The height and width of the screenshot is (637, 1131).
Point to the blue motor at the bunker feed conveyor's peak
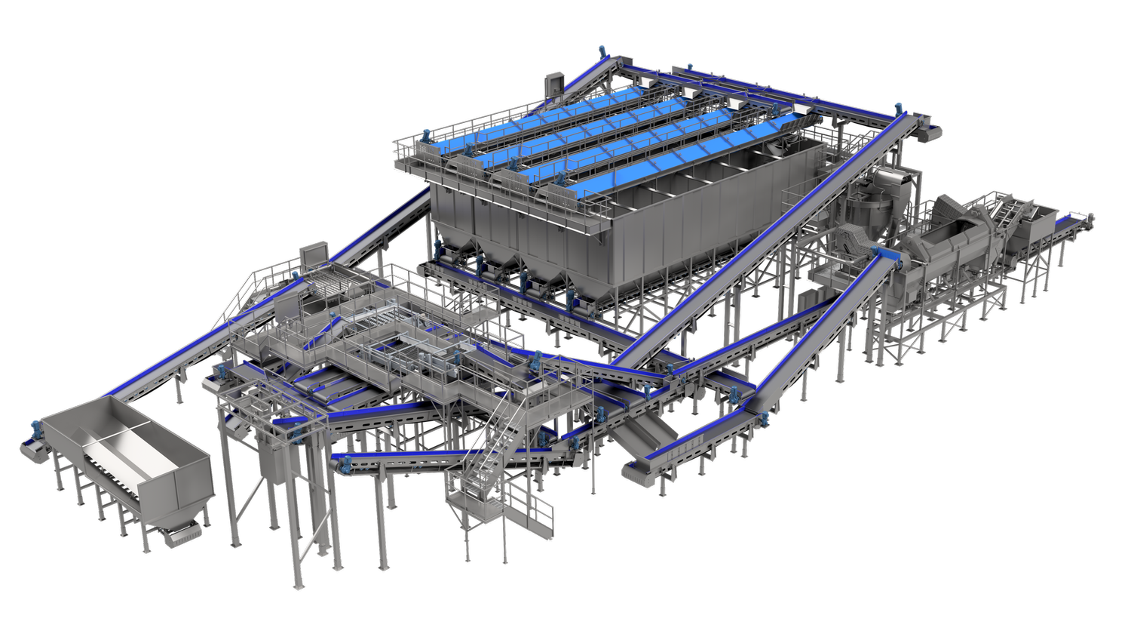(x=602, y=51)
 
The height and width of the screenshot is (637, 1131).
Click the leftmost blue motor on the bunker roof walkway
(x=425, y=137)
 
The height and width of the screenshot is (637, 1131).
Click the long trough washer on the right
(x=942, y=257)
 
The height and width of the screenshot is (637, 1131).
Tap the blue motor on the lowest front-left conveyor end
(x=339, y=463)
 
